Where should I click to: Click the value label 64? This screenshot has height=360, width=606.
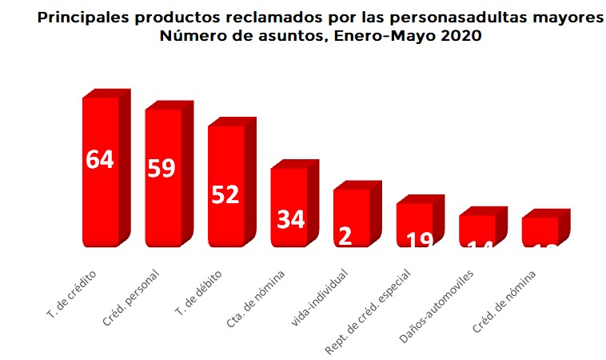click(x=100, y=159)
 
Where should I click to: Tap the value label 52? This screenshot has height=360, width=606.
click(x=225, y=194)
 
